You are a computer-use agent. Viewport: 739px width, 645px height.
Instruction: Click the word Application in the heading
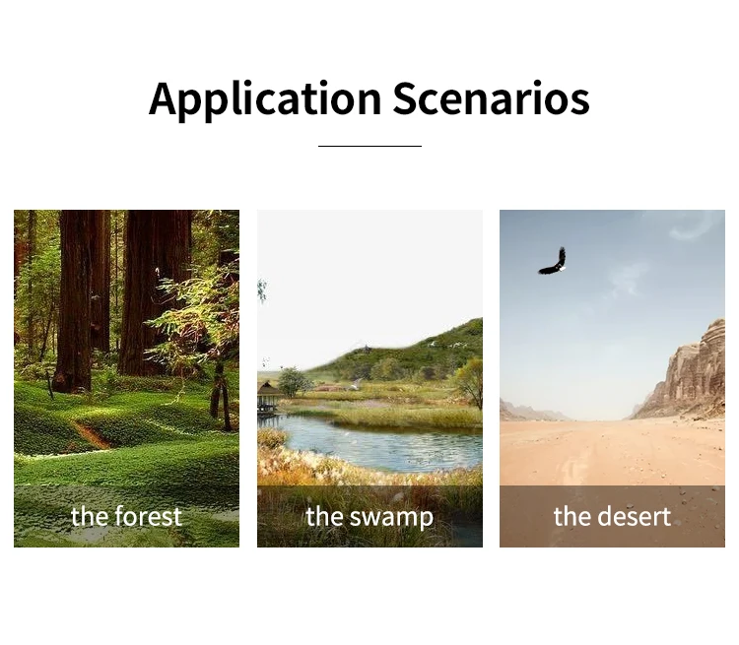click(x=265, y=98)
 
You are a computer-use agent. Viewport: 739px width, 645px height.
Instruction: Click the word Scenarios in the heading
click(x=491, y=98)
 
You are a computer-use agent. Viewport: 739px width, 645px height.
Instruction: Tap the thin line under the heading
click(x=369, y=146)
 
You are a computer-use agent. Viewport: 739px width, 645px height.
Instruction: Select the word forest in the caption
click(x=149, y=516)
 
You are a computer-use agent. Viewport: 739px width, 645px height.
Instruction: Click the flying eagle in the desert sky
click(x=553, y=262)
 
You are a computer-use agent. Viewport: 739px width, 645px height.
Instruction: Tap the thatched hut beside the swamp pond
click(x=270, y=398)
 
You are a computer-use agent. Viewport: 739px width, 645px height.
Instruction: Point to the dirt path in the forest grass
click(x=91, y=434)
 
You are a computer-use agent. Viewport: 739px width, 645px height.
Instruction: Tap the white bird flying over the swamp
click(x=357, y=385)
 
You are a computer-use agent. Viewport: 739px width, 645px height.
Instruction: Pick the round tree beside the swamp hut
click(x=294, y=382)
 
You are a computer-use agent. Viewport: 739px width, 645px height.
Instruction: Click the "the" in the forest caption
click(x=91, y=516)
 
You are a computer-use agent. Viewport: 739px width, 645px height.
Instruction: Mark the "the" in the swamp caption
click(x=325, y=516)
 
